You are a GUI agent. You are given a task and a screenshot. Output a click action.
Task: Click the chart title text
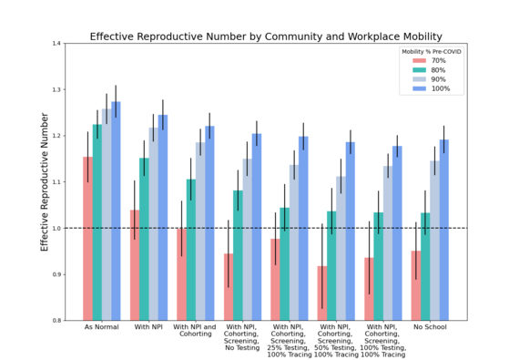point(265,36)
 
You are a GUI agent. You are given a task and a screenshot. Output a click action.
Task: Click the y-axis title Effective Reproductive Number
point(44,181)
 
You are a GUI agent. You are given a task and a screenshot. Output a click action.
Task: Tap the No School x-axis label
point(429,327)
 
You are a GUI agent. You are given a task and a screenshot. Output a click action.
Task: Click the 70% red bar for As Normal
point(87,238)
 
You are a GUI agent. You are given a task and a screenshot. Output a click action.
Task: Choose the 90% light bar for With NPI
point(153,223)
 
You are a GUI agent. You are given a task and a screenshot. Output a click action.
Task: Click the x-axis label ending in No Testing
point(242,340)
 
